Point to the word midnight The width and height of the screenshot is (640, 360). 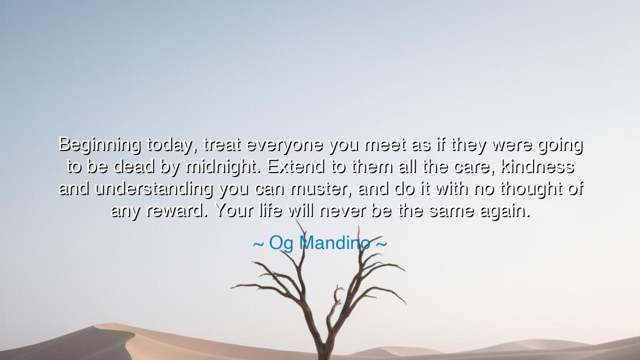(223, 167)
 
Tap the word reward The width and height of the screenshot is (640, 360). (176, 211)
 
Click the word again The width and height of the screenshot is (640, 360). (504, 211)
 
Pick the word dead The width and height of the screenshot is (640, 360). (133, 167)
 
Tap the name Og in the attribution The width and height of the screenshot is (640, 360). (281, 243)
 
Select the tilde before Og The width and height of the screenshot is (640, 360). (258, 244)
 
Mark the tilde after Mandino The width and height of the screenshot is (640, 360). (381, 244)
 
